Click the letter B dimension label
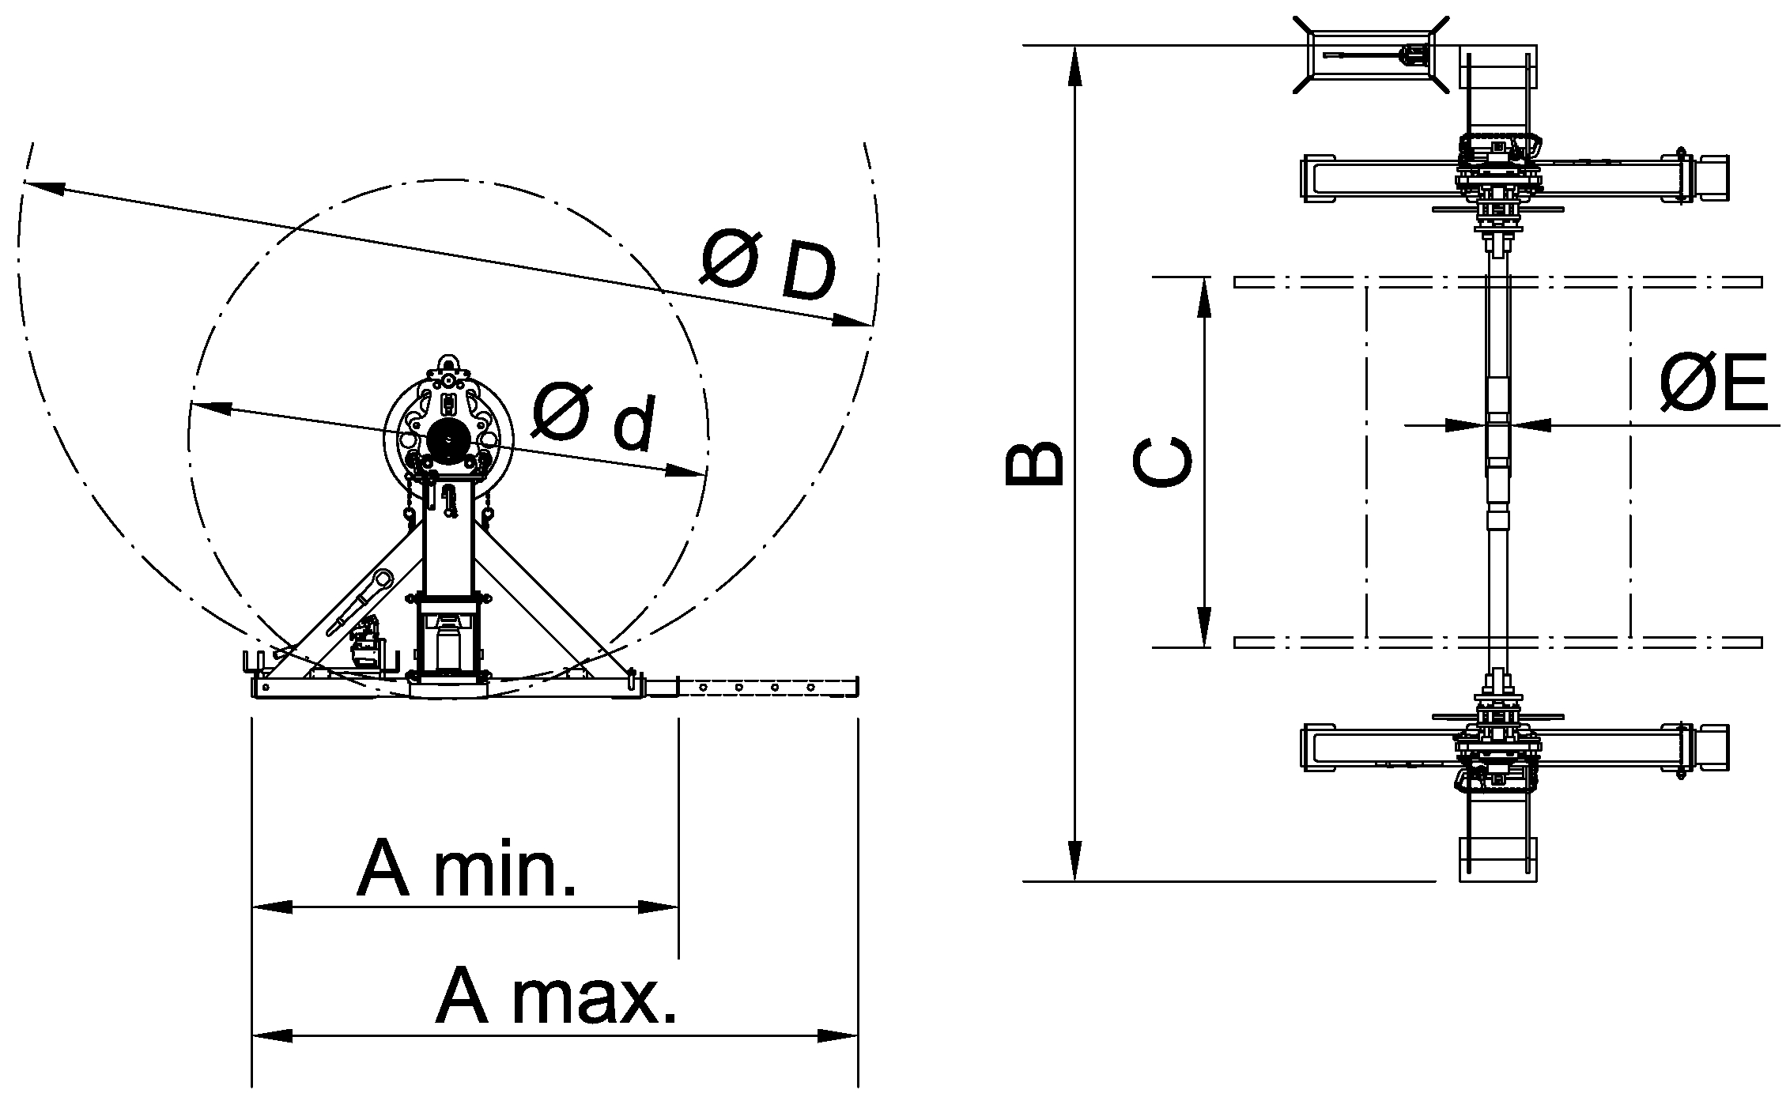[x=1033, y=462]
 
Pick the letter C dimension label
[x=1162, y=462]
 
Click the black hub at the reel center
[x=448, y=439]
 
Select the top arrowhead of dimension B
[x=1074, y=63]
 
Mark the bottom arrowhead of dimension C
[x=1204, y=628]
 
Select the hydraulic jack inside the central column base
[x=448, y=640]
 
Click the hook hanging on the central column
[x=449, y=503]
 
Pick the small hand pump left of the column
[x=366, y=644]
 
